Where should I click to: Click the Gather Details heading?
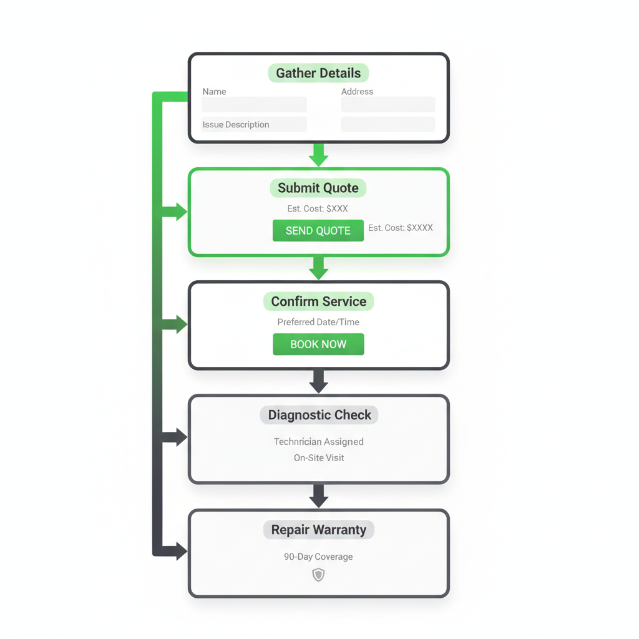(x=318, y=73)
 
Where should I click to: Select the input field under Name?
(x=254, y=105)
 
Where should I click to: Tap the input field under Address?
(x=388, y=105)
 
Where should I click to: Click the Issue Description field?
(x=254, y=125)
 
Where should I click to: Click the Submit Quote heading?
(x=318, y=188)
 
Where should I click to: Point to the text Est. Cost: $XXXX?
(x=400, y=228)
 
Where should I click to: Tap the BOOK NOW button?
(x=318, y=344)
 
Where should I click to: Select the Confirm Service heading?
(x=318, y=301)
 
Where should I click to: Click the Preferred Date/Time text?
(x=318, y=322)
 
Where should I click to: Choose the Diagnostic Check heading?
(x=319, y=415)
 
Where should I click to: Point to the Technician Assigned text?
(x=318, y=442)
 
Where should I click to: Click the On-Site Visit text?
(x=318, y=458)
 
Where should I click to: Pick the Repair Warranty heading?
(x=318, y=530)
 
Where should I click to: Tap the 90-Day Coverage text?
(x=318, y=557)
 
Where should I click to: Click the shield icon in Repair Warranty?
(x=318, y=575)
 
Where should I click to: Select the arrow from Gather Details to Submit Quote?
(x=318, y=155)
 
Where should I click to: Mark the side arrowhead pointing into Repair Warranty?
(x=180, y=551)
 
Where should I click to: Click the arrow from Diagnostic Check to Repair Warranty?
(x=318, y=496)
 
